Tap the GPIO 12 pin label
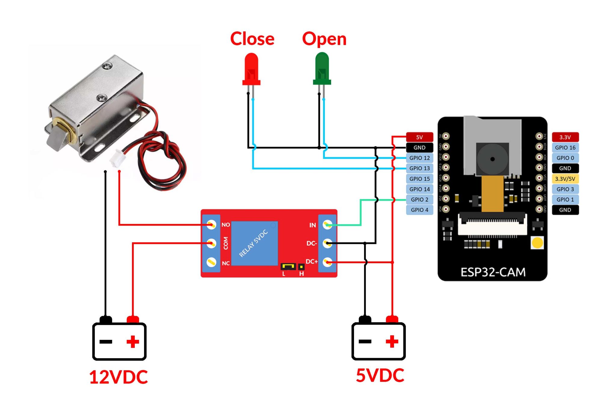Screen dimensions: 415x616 point(419,158)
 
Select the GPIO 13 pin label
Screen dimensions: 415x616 point(419,168)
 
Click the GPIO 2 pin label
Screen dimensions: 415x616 point(419,199)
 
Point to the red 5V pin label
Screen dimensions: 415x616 point(419,137)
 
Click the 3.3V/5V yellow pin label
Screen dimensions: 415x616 point(565,179)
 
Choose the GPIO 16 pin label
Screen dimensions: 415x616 point(565,148)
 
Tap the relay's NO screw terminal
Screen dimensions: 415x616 point(211,225)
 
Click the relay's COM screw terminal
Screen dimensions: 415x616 point(211,243)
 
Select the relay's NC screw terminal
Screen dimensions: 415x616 point(211,262)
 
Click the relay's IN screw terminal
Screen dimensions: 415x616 point(327,225)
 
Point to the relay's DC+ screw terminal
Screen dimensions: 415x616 point(327,262)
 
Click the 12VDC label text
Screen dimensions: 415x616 point(119,377)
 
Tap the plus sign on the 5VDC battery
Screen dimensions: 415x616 point(392,341)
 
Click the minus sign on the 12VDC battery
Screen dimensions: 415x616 point(106,342)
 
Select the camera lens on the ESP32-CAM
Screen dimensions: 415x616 point(492,159)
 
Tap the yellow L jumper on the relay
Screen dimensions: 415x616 point(288,266)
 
